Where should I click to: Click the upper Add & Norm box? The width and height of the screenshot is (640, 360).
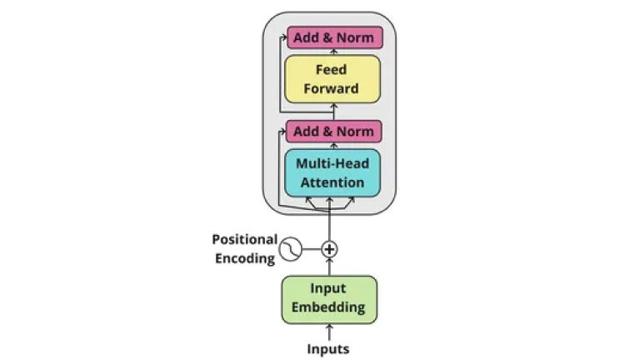point(334,37)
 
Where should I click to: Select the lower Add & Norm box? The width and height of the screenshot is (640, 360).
point(334,131)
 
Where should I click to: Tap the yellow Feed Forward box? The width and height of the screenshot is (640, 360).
point(332,79)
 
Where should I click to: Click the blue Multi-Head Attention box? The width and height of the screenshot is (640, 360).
point(332,173)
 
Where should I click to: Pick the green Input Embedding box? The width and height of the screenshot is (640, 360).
point(329,298)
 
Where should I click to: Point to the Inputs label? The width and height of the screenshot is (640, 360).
point(328,348)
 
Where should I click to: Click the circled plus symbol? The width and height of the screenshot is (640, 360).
point(330,248)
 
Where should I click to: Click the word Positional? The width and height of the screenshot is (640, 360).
point(244,239)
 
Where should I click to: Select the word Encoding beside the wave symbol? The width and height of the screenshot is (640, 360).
point(245,257)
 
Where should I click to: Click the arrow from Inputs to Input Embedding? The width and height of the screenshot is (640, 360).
point(329,332)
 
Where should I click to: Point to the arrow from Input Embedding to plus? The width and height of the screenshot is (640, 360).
point(329,267)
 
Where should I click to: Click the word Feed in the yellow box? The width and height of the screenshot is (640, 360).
point(332,70)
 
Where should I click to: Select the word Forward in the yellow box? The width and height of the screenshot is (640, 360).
point(332,88)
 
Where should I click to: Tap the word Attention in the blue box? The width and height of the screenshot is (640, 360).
point(332,182)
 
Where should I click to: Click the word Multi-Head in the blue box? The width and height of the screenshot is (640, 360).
point(332,164)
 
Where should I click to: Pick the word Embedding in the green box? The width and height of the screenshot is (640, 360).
point(329,307)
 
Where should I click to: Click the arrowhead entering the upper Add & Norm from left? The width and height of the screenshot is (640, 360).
point(283,37)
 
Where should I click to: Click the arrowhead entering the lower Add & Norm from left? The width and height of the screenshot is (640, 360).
point(282,131)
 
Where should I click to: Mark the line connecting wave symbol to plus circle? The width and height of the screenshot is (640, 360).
point(311,248)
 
